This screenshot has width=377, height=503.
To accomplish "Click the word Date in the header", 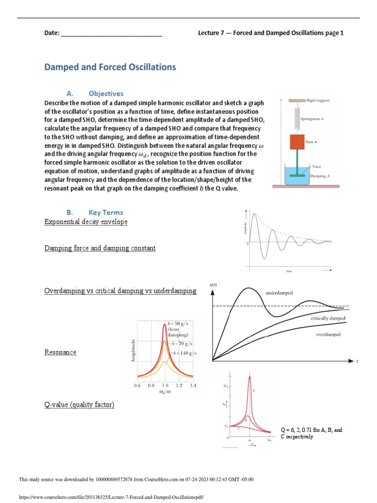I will click(x=51, y=33).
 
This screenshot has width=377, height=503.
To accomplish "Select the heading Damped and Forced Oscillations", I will click(x=110, y=67).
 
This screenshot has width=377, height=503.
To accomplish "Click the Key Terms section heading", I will click(x=106, y=212).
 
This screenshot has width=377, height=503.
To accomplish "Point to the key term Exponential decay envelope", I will click(x=86, y=222).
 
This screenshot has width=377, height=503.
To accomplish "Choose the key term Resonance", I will click(x=60, y=353).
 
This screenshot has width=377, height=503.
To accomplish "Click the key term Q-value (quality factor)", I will click(x=79, y=405).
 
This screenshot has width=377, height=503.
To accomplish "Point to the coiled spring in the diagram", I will click(x=297, y=118).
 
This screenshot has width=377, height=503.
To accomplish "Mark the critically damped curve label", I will click(x=328, y=318).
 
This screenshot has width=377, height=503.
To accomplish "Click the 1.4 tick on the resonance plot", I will click(x=192, y=386).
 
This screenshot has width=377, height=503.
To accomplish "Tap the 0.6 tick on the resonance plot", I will click(x=137, y=386).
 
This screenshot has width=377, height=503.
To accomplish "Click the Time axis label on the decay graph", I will click(x=289, y=271).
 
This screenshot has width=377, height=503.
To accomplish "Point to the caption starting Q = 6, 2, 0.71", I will click(x=311, y=433).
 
